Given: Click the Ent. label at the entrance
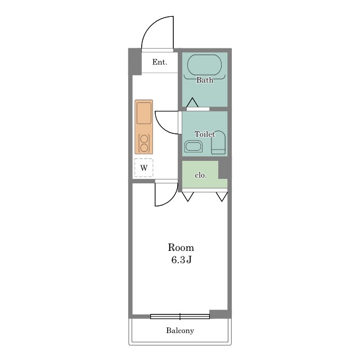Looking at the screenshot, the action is (160, 62).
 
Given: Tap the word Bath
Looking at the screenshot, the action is (205, 80).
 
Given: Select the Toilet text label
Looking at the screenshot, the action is (205, 134).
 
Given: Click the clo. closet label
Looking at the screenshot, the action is (201, 175).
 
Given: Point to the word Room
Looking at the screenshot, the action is (181, 247).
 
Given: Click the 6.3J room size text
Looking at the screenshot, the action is (181, 260).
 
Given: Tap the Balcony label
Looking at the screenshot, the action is (180, 331).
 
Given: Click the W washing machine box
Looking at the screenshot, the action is (144, 168).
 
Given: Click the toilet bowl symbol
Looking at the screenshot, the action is (218, 142).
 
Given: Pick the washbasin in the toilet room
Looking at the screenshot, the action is (193, 146).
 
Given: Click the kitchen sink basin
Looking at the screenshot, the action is (144, 114).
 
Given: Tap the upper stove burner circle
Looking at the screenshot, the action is (144, 139).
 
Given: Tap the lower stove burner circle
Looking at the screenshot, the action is (144, 148).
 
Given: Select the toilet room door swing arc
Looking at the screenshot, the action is (162, 127).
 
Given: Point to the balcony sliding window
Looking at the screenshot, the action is (180, 316).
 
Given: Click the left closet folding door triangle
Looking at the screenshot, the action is (188, 197).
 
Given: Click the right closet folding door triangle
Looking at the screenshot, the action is (222, 197).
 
